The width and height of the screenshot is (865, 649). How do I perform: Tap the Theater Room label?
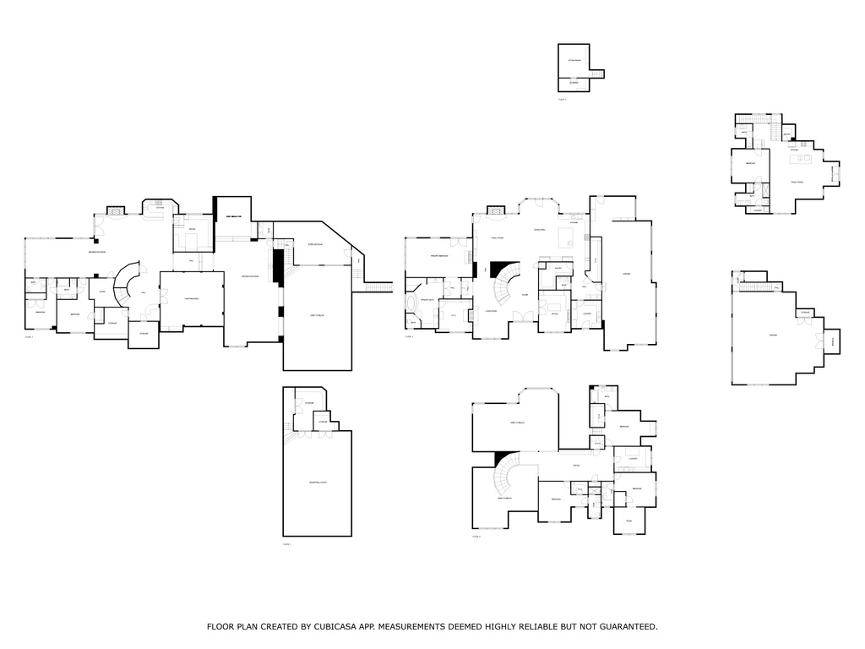(191, 295)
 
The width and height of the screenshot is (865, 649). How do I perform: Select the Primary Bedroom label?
(438, 256)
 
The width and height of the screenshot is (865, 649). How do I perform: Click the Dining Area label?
(539, 230)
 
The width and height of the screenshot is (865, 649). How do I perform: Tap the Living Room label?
(491, 310)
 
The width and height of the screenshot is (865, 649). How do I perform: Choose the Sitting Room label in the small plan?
(574, 62)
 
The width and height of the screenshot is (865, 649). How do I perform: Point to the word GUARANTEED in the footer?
(627, 627)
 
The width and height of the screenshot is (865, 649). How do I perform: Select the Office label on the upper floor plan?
(575, 466)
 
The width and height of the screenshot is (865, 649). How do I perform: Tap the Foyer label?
(525, 295)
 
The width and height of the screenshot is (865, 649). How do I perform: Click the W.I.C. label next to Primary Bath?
(454, 316)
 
